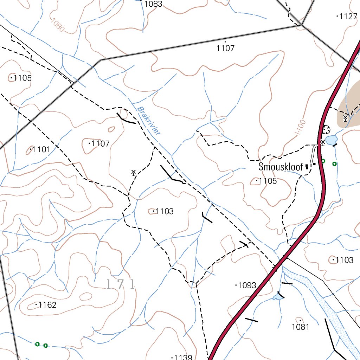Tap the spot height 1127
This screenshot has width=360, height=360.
point(348,16)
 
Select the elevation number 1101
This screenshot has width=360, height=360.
point(41,150)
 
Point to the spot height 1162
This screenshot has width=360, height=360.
point(47,305)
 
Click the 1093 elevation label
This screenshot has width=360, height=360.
point(247,285)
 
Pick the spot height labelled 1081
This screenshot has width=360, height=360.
point(301,327)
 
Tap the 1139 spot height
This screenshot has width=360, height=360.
point(183,357)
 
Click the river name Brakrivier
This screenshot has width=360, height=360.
point(149,121)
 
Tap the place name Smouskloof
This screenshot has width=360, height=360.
point(281,167)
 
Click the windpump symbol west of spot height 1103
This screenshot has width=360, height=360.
point(134,172)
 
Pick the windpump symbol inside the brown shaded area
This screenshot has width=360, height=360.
point(346,117)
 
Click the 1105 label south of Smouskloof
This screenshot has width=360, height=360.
point(268,181)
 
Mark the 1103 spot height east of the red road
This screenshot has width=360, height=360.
point(344,260)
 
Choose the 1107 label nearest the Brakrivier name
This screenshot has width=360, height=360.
point(101,143)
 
